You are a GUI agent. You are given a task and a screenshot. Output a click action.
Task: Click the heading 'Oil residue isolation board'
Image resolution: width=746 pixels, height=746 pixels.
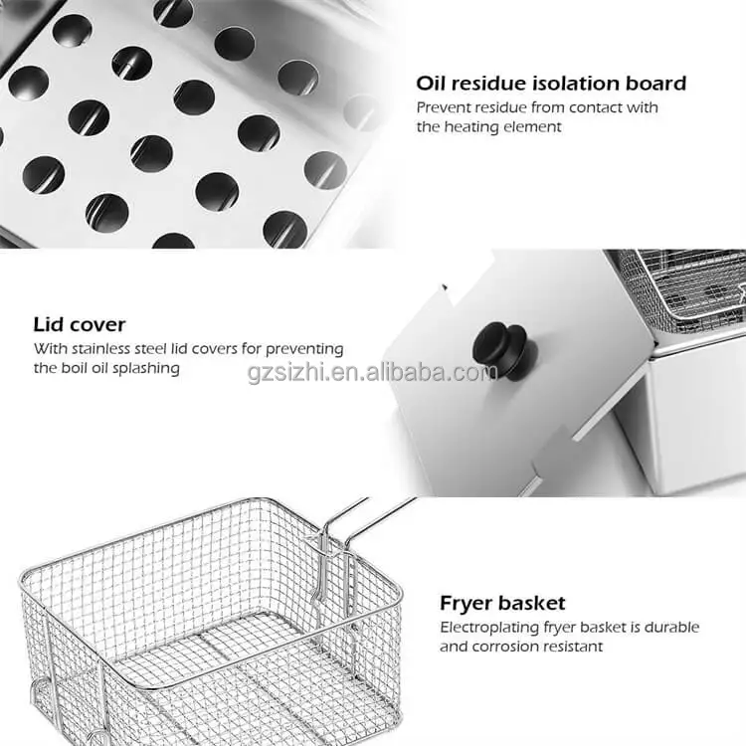551,84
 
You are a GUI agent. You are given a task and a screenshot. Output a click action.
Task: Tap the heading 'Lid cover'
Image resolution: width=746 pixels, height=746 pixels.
80,324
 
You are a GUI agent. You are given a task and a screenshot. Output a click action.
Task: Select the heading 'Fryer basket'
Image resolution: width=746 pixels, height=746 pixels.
502,603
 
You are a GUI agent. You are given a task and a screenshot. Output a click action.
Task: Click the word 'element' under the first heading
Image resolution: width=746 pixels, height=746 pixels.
533,126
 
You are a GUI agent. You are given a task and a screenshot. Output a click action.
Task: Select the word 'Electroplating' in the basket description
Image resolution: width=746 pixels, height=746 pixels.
487,628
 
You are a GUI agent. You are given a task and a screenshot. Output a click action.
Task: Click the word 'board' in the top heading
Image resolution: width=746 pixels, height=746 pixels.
656,84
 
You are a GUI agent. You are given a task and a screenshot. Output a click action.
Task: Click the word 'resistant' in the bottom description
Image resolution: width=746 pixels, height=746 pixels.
572,647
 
